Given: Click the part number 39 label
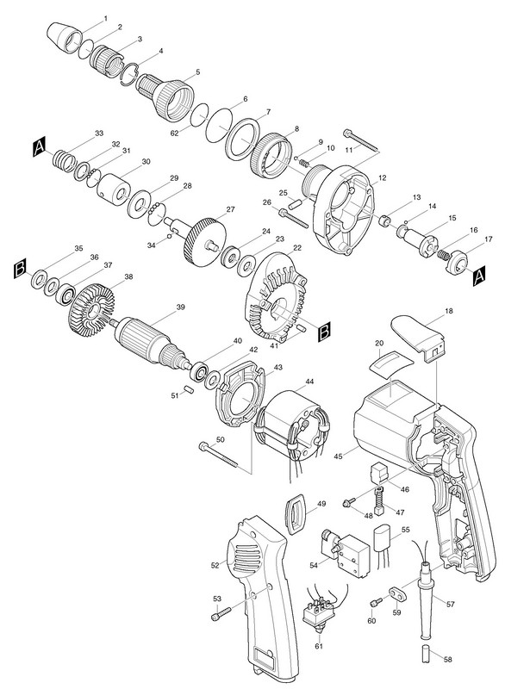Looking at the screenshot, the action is point(180,307).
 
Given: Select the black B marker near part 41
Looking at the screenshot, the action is point(324,332).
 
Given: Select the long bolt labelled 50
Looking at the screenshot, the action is point(218,455).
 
